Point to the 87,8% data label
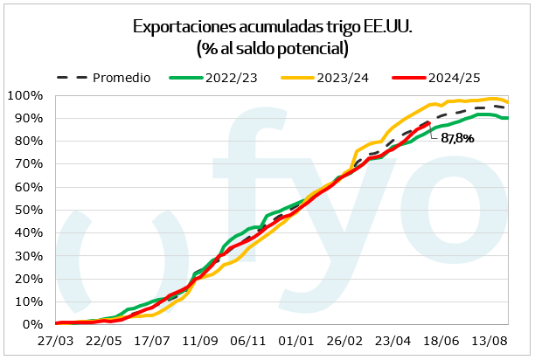coord(457,138)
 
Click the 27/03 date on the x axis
coord(56,340)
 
